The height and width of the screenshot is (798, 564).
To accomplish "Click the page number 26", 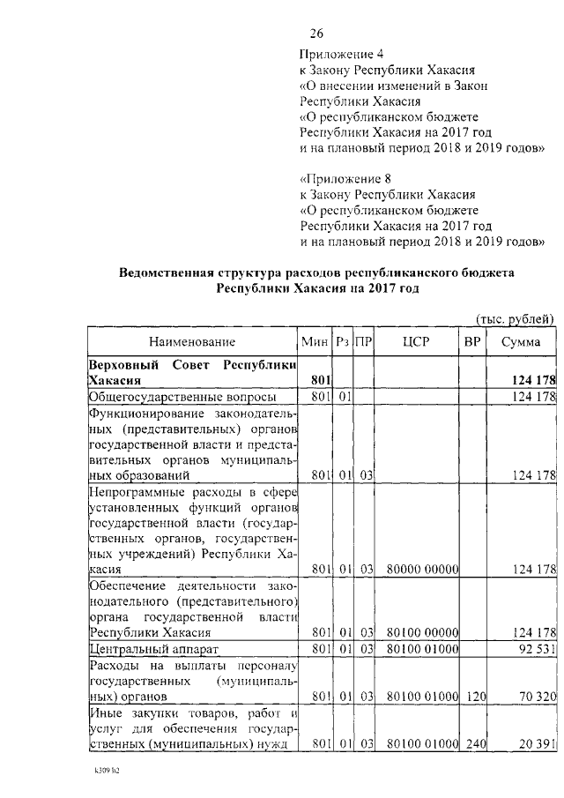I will (316, 34).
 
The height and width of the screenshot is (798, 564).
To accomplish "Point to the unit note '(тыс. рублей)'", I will (515, 318).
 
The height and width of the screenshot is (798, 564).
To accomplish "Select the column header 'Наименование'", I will (192, 341).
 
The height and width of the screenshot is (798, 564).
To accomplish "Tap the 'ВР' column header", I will (472, 341).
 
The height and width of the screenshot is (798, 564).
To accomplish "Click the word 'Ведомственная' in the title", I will (166, 273).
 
